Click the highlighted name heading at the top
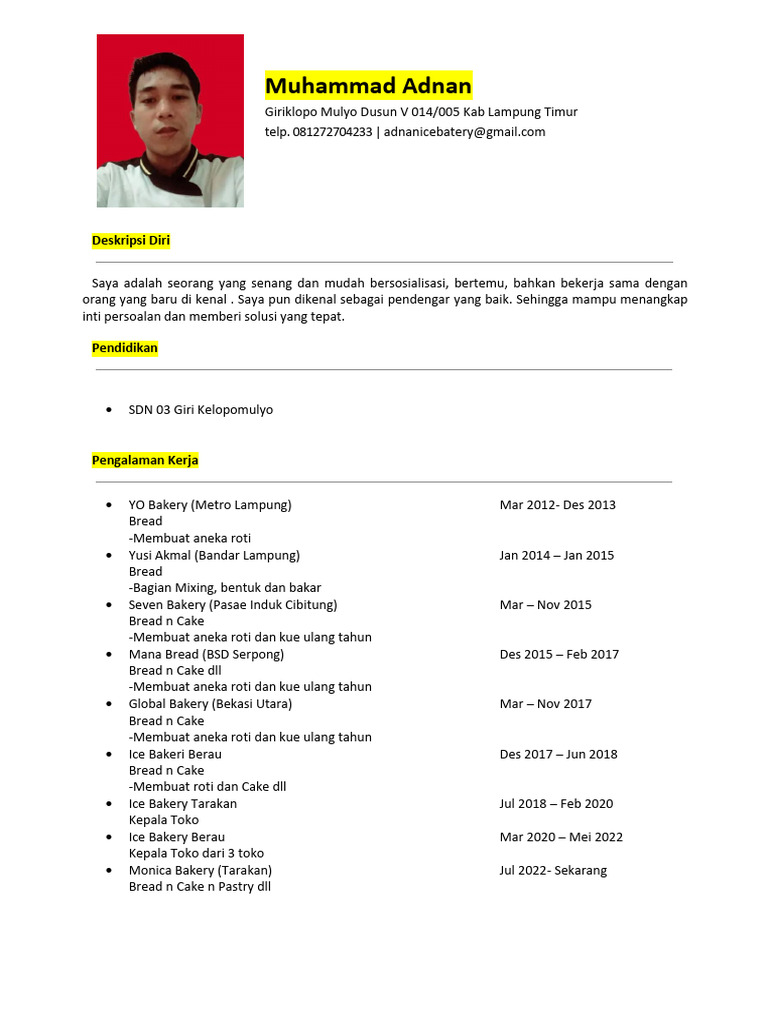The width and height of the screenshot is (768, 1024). pos(368,85)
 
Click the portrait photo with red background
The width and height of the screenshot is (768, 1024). pos(170,121)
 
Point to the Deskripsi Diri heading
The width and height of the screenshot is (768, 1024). pos(131,241)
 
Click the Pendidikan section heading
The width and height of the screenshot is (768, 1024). pos(125,348)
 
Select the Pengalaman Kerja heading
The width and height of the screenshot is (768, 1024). pos(145,460)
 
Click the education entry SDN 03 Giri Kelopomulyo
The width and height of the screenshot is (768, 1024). pos(200,410)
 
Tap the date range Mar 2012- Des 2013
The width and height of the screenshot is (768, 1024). pos(557,505)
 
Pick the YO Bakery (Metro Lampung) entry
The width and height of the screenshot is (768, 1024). pos(210,505)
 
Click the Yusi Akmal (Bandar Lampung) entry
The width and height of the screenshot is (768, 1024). pos(214,555)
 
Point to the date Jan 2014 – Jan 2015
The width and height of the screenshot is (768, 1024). pos(556,555)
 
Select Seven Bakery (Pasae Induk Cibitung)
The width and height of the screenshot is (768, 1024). pos(233,605)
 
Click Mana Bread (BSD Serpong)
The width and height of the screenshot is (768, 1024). pos(206,654)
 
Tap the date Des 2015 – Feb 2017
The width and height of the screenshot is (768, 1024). pos(559,654)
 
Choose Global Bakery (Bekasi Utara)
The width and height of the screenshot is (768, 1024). pos(210,704)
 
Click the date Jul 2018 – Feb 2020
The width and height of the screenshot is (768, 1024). pos(556,804)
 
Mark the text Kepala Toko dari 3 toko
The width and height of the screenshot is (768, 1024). pos(196,853)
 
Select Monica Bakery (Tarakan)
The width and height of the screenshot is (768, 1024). pos(200,870)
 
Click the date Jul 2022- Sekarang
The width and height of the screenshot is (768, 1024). pos(553,870)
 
